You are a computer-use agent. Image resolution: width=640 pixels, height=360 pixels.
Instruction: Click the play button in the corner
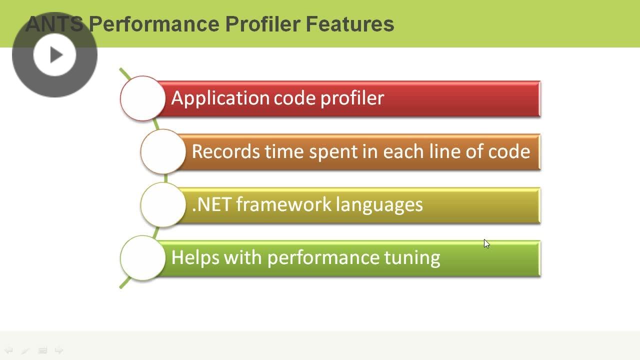click(54, 54)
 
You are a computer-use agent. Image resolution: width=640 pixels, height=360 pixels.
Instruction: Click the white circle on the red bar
click(142, 98)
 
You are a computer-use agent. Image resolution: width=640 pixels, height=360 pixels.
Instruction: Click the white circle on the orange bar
click(163, 151)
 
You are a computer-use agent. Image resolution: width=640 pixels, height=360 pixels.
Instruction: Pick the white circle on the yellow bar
click(163, 205)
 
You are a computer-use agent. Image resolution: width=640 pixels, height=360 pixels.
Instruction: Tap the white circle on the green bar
click(142, 258)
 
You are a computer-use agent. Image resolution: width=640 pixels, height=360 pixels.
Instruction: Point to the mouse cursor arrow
click(486, 243)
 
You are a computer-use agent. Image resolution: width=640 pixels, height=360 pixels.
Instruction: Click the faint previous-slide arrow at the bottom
click(8, 350)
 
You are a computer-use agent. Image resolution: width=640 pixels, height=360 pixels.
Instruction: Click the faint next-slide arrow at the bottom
click(59, 350)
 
